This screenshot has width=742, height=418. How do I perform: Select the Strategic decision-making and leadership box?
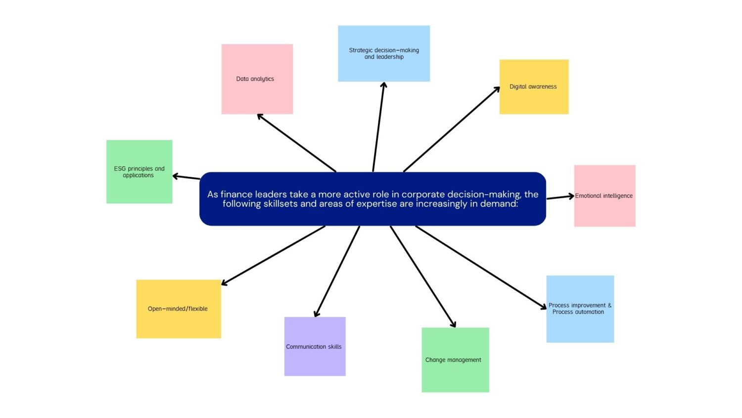click(384, 53)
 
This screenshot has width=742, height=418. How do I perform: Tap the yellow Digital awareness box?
click(534, 87)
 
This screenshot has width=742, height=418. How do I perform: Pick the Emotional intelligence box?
click(604, 196)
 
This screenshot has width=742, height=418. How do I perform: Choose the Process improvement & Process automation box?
click(580, 309)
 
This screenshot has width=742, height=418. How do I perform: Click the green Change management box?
click(455, 360)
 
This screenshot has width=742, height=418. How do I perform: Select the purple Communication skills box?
click(315, 346)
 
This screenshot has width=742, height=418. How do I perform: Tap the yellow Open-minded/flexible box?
click(179, 309)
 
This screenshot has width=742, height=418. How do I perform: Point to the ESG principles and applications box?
click(139, 171)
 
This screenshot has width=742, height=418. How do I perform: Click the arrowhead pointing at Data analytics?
click(259, 116)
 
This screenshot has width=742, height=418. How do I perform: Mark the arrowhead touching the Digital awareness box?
click(498, 89)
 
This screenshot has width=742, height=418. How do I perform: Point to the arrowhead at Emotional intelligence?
click(571, 196)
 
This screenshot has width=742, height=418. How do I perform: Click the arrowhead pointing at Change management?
click(454, 325)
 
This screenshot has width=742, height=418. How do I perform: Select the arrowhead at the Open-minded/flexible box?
click(224, 284)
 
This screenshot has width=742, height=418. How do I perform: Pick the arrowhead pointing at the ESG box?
click(175, 176)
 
